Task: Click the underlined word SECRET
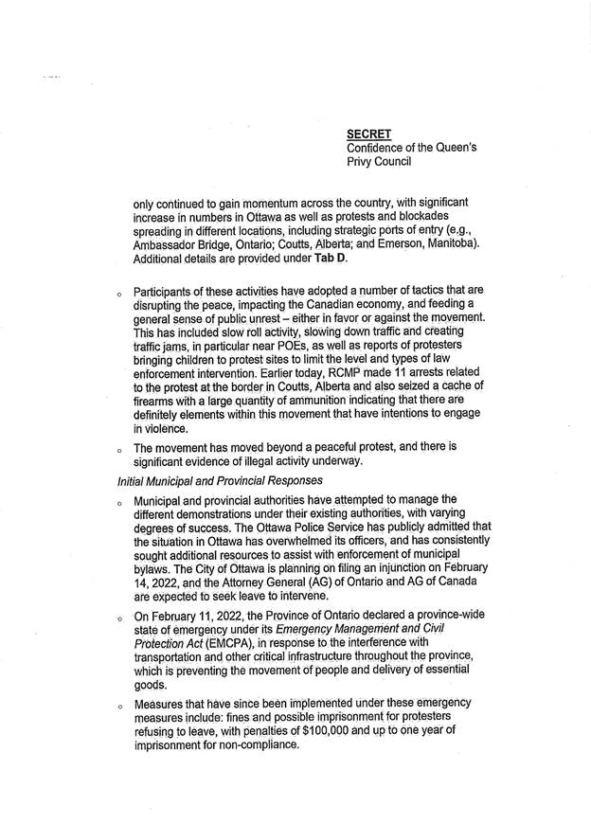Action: pos(369,134)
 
